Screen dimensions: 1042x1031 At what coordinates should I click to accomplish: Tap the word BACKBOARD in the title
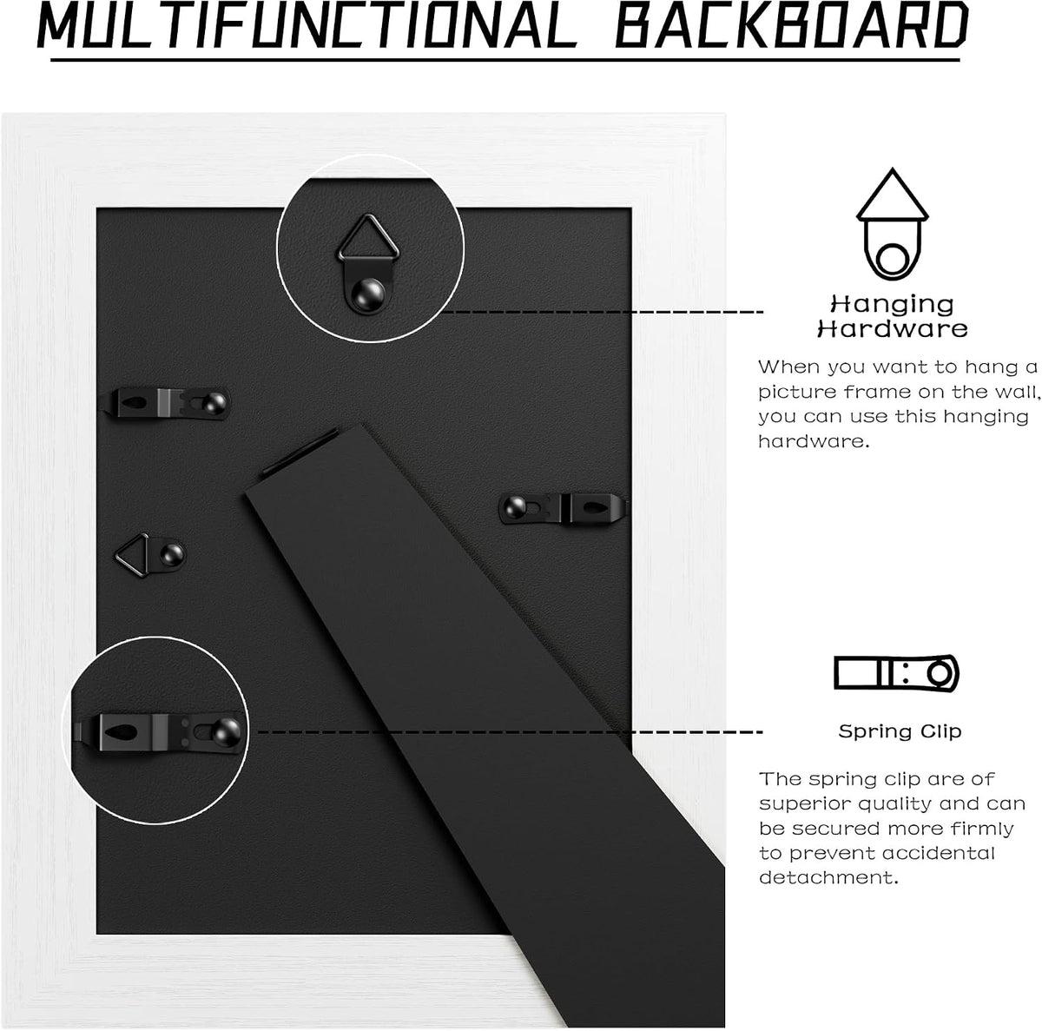point(791,25)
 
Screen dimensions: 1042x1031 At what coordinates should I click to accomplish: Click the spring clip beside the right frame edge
point(563,508)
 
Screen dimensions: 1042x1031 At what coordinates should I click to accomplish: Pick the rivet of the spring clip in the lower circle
point(226,732)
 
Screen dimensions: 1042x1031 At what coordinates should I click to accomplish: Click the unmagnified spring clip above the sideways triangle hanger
point(166,402)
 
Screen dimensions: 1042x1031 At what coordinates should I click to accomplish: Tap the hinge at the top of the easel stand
point(300,451)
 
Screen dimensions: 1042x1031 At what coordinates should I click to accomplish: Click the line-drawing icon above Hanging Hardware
point(893,224)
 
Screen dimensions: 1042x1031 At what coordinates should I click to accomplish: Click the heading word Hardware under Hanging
point(893,329)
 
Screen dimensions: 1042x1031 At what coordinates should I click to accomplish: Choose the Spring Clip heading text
point(900,731)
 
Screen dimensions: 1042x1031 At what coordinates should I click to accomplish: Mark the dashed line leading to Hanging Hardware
point(601,312)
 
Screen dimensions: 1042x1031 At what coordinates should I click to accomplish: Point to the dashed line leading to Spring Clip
point(510,732)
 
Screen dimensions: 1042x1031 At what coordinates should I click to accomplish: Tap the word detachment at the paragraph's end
point(828,877)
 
